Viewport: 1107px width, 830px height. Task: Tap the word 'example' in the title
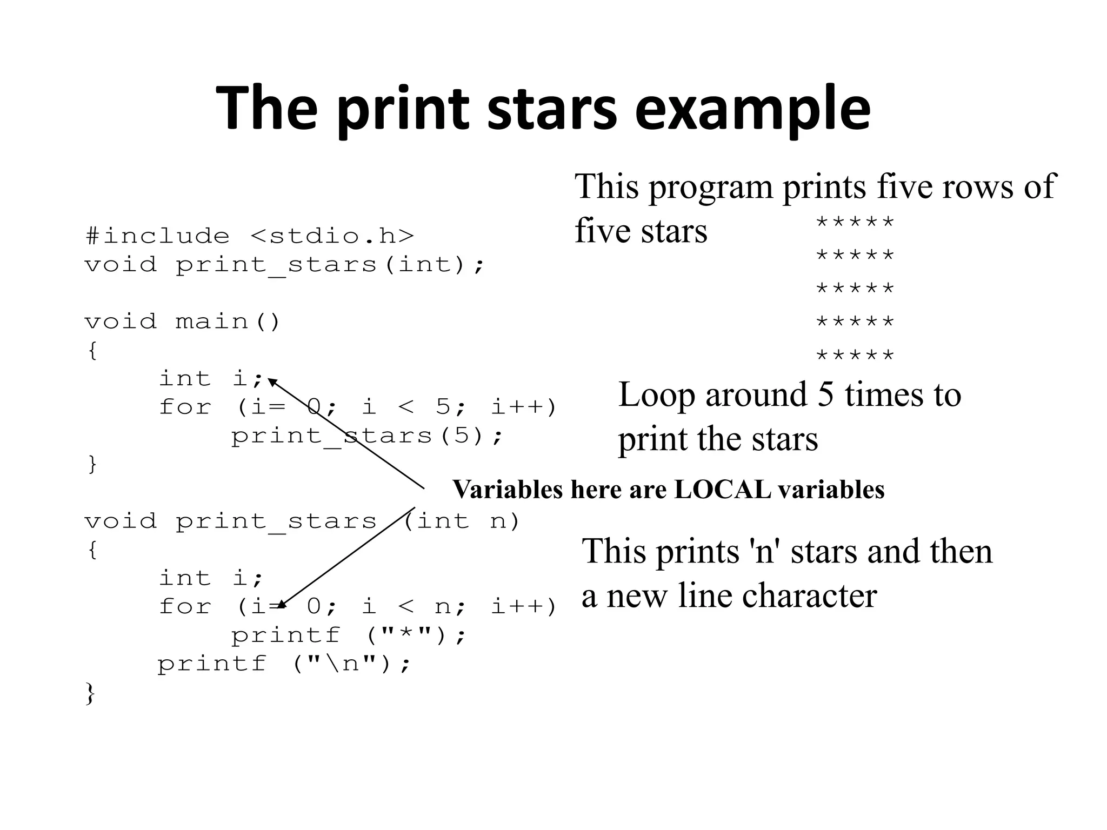click(x=752, y=111)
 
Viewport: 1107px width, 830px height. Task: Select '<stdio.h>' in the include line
click(x=332, y=236)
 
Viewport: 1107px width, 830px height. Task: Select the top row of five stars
click(x=855, y=222)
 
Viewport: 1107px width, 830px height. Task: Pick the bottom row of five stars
click(x=855, y=355)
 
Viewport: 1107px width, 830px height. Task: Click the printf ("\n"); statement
click(x=284, y=664)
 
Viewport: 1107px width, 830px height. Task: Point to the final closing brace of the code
click(x=90, y=693)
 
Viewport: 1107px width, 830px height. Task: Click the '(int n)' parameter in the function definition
click(x=462, y=521)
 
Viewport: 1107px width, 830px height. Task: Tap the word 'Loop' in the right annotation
click(x=657, y=394)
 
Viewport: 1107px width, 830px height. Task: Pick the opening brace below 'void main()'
click(x=92, y=351)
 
